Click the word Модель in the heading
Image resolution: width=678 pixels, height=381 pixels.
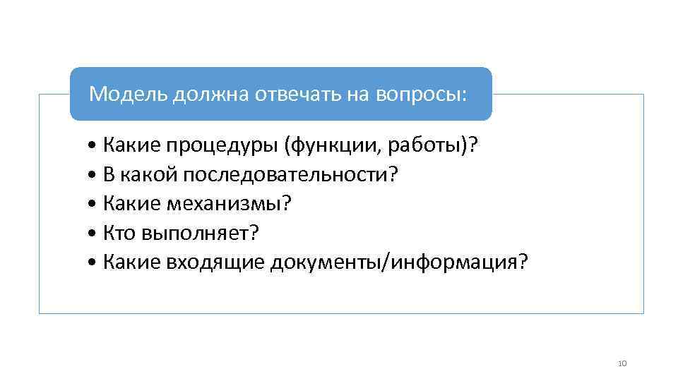(x=128, y=95)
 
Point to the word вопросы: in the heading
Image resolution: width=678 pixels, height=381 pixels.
(x=421, y=95)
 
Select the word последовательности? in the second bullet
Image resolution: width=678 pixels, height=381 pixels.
(x=290, y=175)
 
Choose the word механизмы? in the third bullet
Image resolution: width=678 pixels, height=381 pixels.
(x=229, y=204)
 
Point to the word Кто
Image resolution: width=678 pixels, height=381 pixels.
(x=120, y=233)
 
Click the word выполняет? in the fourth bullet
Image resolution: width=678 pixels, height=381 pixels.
(x=201, y=233)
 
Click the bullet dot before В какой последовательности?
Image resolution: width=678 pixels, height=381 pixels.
(x=95, y=176)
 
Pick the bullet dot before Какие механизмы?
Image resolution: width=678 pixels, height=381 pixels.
(x=95, y=205)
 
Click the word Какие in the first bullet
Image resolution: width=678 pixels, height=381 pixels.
(x=132, y=146)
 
